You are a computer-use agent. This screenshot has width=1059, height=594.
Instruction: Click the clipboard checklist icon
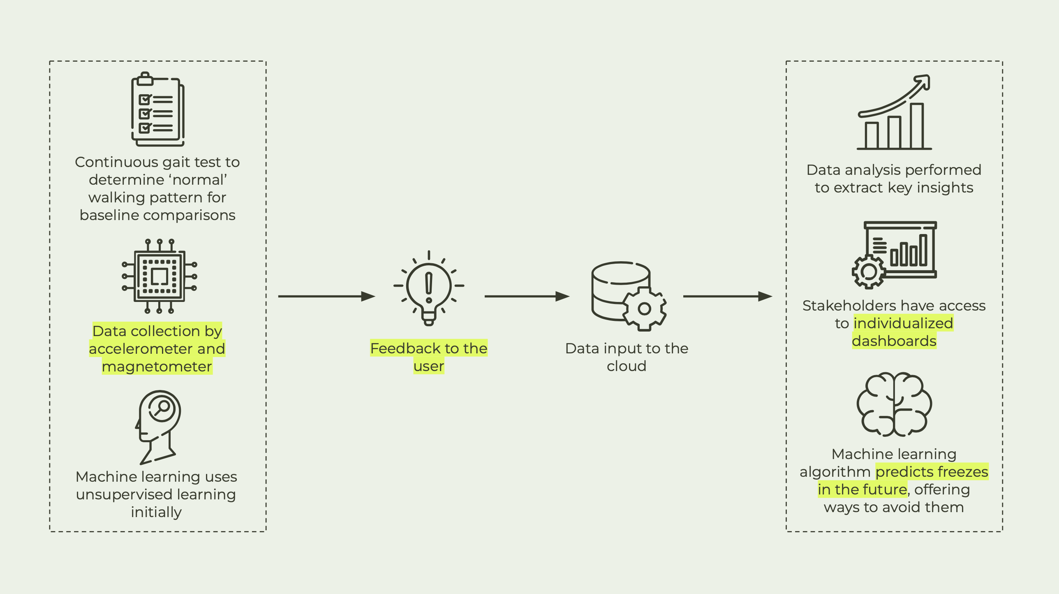157,109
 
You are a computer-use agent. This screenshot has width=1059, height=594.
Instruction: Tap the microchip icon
159,276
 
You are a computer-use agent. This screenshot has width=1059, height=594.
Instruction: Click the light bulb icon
429,288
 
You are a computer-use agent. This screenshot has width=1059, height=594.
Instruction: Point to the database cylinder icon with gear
628,295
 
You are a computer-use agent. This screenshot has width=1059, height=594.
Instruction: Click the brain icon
894,404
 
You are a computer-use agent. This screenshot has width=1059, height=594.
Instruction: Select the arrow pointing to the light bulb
326,296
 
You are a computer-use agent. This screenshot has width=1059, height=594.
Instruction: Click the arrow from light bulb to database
527,296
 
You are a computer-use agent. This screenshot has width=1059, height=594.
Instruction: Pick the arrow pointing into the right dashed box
727,296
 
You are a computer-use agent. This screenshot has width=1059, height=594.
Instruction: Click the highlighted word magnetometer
157,367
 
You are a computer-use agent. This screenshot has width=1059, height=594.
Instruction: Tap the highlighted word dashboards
894,341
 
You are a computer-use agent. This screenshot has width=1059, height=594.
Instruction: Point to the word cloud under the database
627,366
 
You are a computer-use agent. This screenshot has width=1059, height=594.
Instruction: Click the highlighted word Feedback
402,348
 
